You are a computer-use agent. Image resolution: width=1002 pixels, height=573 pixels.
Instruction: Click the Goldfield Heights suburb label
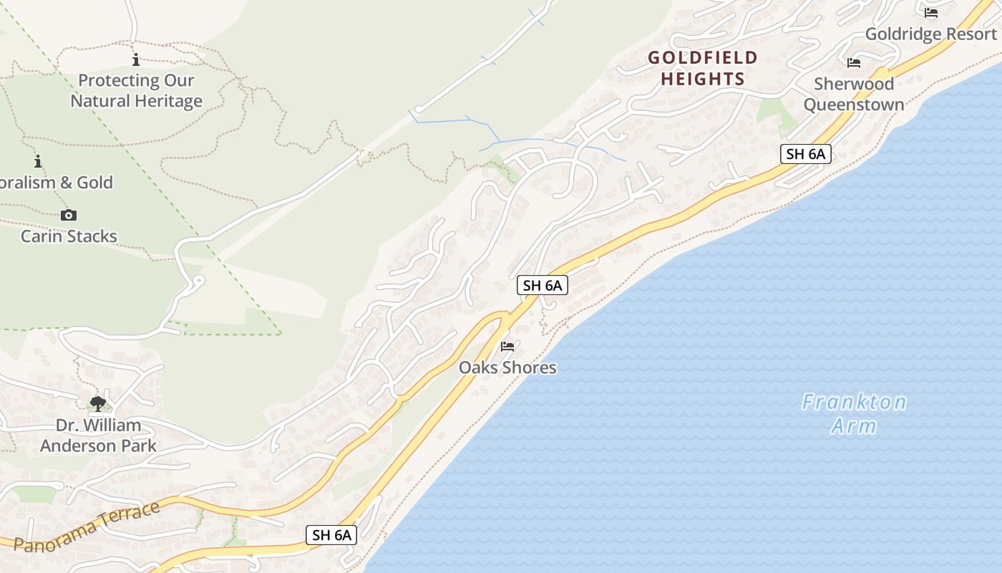pos(703,68)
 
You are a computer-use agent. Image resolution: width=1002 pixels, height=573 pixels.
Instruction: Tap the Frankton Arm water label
pos(854,414)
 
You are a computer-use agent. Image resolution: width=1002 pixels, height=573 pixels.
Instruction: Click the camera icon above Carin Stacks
pos(69,215)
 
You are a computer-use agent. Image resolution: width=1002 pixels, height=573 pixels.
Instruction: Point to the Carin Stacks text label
pos(69,236)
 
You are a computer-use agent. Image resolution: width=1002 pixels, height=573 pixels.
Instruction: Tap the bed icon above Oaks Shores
pos(507,347)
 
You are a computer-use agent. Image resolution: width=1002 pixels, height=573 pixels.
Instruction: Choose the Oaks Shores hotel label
pos(507,367)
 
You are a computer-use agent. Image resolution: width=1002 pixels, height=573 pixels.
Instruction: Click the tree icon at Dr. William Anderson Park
pos(98,404)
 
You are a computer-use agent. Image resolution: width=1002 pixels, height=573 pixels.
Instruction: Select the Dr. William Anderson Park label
pos(98,435)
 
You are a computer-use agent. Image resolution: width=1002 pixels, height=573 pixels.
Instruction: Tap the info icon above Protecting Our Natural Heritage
pos(136,59)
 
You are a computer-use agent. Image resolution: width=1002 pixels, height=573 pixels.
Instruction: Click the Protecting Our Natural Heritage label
pos(136,91)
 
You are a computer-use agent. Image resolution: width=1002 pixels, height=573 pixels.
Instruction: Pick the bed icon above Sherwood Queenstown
pos(853,63)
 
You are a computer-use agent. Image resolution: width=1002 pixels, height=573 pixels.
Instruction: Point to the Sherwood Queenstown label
pos(853,94)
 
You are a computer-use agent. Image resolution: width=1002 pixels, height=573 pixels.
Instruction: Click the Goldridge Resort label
pos(930,34)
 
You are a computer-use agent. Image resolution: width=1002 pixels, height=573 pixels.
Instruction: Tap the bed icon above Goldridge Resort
pos(930,13)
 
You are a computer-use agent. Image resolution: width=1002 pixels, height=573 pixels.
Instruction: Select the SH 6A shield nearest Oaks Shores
pos(542,285)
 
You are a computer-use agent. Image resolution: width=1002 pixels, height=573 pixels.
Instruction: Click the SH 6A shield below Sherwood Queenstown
pos(805,153)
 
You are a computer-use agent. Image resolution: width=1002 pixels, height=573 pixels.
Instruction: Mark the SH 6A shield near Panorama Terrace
pos(331,534)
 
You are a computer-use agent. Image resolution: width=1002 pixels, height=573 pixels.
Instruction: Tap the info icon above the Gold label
pos(38,162)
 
